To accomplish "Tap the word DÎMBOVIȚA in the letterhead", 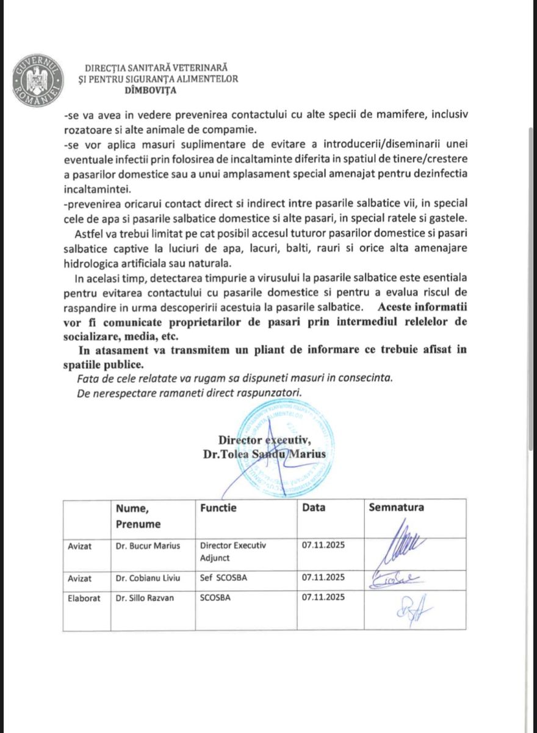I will click(x=150, y=90).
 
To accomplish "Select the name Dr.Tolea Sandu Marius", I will click(x=265, y=454).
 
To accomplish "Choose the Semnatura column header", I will click(x=396, y=507).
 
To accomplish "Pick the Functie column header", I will click(x=218, y=507).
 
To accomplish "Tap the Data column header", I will click(x=314, y=507).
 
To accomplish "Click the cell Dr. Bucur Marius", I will click(x=148, y=545).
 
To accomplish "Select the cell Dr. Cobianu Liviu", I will click(x=150, y=577).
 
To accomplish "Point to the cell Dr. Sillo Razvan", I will click(x=145, y=598).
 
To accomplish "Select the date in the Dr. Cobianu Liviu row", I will click(x=323, y=577).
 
